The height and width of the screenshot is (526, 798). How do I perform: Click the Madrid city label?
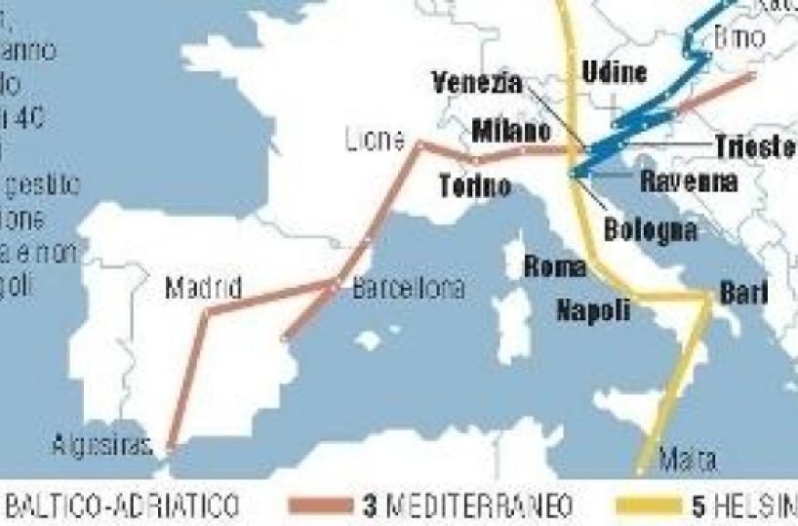point(203,289)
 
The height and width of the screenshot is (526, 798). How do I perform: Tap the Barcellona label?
point(409,290)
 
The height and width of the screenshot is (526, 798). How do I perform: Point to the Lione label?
point(375,141)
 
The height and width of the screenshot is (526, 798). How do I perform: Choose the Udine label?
point(614,71)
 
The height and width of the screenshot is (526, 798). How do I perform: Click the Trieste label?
point(755,146)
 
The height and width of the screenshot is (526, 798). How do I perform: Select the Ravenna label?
point(689,181)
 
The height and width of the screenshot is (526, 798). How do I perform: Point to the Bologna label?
point(651,230)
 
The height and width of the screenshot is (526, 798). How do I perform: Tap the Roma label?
point(554,266)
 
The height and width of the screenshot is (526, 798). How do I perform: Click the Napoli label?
point(593,310)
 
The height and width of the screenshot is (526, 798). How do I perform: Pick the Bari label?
point(743,292)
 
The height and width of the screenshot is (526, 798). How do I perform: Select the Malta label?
point(688,459)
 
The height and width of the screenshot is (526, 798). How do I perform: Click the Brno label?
point(740,40)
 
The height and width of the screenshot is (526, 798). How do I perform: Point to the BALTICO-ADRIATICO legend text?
point(123,506)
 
